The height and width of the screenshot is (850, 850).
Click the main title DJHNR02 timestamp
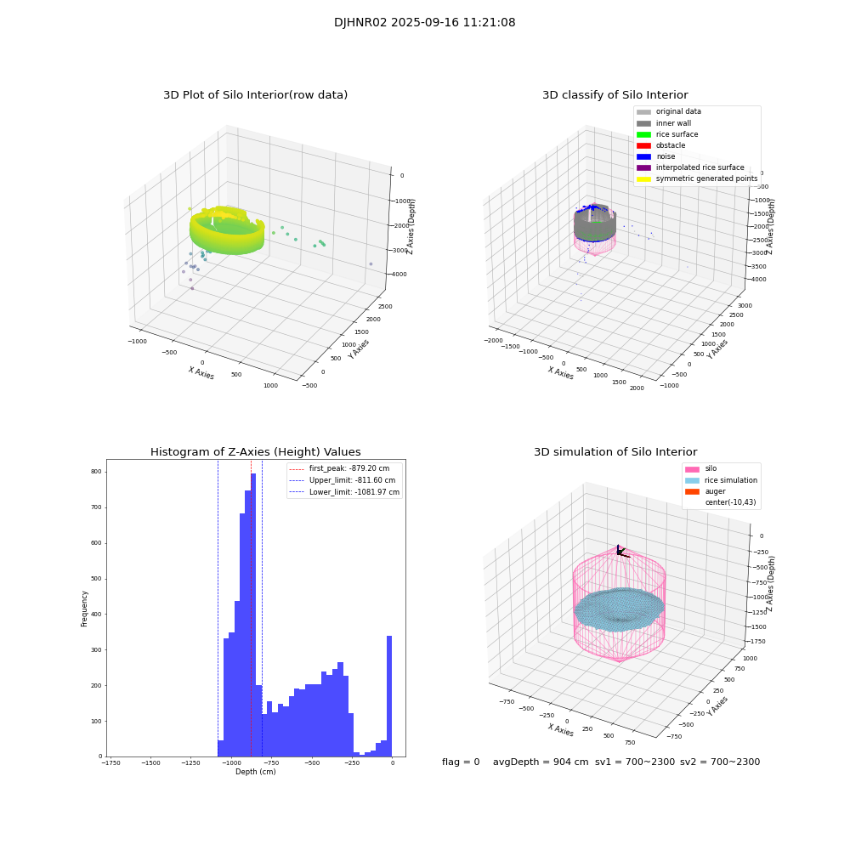coord(424,23)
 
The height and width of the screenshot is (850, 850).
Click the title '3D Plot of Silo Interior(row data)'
coord(255,95)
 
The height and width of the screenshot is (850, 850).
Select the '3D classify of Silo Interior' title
coord(615,95)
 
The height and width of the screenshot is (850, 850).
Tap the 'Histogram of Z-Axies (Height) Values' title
coord(255,452)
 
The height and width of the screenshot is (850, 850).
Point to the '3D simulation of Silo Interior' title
coord(615,452)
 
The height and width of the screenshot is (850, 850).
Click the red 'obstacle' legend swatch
coord(643,145)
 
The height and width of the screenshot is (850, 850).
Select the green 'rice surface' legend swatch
coord(643,134)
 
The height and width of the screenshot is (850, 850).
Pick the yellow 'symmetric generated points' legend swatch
coord(643,178)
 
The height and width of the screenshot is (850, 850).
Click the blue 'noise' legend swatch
coord(643,156)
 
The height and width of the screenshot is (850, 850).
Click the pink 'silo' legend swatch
coord(692,469)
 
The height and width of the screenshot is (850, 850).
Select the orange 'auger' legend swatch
coord(692,491)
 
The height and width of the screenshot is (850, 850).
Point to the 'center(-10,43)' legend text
coord(730,502)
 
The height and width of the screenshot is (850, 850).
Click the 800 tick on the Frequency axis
coord(96,472)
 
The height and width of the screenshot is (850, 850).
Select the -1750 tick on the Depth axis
coord(111,763)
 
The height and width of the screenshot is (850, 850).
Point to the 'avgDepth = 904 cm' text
coord(541,762)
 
